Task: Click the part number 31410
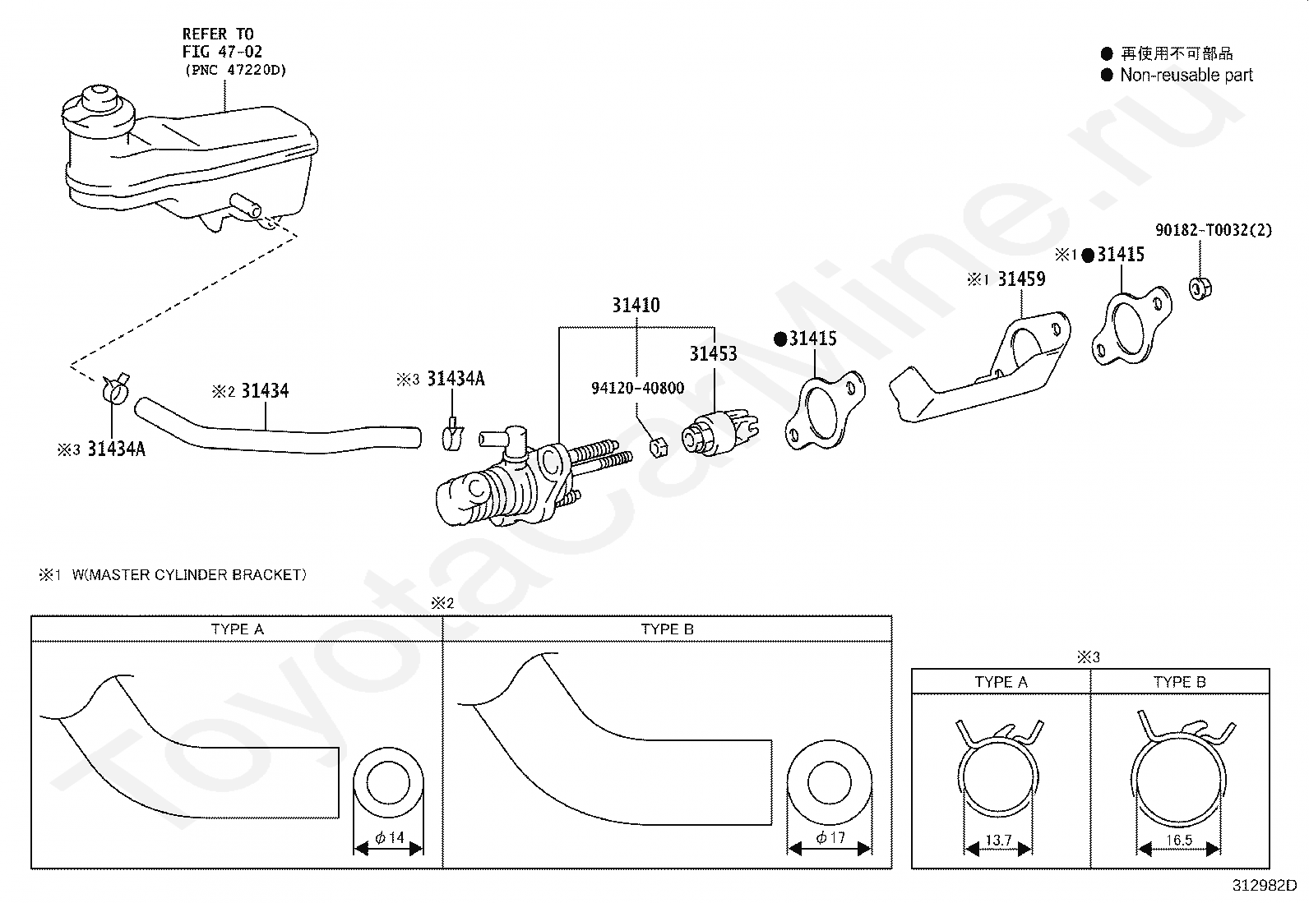click(x=636, y=305)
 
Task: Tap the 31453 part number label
click(x=713, y=353)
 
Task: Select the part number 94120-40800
click(x=637, y=388)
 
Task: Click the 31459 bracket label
click(x=1021, y=279)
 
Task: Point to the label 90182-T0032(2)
click(x=1213, y=230)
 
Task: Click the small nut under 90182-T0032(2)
click(x=1200, y=288)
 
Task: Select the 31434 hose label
click(x=265, y=390)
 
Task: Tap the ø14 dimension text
click(x=389, y=837)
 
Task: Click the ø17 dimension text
click(x=830, y=837)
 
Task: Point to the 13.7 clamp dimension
click(x=998, y=840)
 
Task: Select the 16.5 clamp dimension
click(x=1179, y=840)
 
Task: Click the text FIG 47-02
click(x=222, y=52)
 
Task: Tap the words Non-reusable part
click(x=1186, y=75)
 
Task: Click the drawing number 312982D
click(x=1264, y=886)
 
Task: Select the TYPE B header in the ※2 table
click(x=667, y=629)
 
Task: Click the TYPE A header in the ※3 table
click(x=1001, y=682)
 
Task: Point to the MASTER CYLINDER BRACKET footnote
click(x=189, y=574)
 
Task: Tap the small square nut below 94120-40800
click(x=658, y=448)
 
